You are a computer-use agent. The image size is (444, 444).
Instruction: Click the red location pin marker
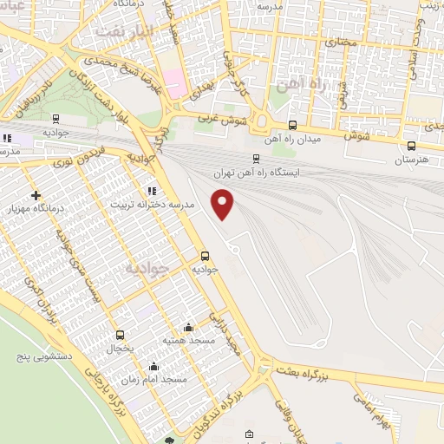click(224, 204)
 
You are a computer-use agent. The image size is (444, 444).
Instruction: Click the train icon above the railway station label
click(256, 159)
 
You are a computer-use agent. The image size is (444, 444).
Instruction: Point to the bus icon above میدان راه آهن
click(292, 125)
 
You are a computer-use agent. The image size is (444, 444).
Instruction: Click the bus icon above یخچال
click(120, 335)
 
